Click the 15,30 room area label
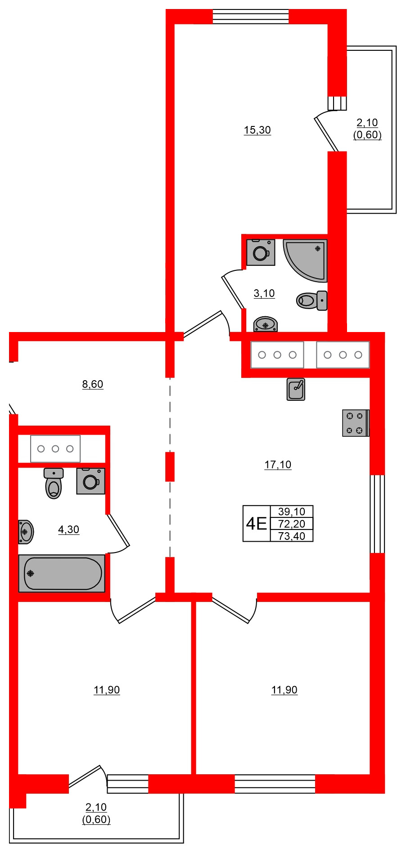click(x=257, y=130)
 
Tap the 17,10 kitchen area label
click(x=278, y=465)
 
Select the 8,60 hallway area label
click(x=93, y=384)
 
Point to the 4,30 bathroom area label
click(x=68, y=530)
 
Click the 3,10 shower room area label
click(x=264, y=293)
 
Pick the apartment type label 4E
click(x=256, y=524)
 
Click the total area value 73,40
click(x=292, y=536)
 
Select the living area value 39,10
click(x=292, y=512)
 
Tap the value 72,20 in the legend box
click(x=292, y=524)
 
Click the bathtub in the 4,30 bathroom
click(x=62, y=573)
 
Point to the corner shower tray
click(x=305, y=260)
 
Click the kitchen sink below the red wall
click(x=296, y=389)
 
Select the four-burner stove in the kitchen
click(x=356, y=423)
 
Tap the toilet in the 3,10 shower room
click(x=312, y=300)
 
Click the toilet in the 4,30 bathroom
click(x=54, y=483)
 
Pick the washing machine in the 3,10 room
click(x=261, y=252)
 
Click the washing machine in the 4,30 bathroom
click(x=90, y=481)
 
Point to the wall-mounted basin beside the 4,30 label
click(x=26, y=532)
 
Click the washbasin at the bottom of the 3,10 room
click(x=266, y=324)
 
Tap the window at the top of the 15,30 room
click(x=250, y=17)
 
